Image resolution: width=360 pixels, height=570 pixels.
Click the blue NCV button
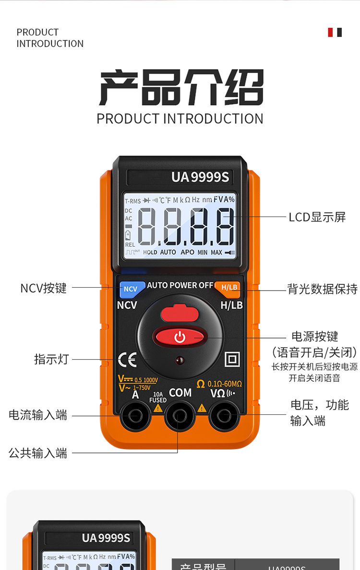[131, 289]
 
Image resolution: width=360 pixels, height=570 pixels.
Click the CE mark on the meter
[127, 360]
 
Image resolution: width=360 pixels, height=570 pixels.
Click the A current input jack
[136, 415]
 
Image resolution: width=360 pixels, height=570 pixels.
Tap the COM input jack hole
[180, 415]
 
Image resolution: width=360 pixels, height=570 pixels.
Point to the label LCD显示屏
[317, 217]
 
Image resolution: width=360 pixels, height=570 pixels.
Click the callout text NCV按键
[43, 288]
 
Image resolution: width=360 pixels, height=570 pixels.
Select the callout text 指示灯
[51, 359]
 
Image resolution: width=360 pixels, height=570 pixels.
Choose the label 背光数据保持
[323, 289]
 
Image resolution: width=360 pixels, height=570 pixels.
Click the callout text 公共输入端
[38, 453]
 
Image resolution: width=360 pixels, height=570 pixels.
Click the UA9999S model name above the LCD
[200, 178]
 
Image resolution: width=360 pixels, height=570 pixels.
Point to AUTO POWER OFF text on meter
[180, 285]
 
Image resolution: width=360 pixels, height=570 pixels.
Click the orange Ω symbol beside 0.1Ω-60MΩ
[201, 384]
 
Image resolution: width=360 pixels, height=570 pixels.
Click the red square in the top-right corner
[330, 32]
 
